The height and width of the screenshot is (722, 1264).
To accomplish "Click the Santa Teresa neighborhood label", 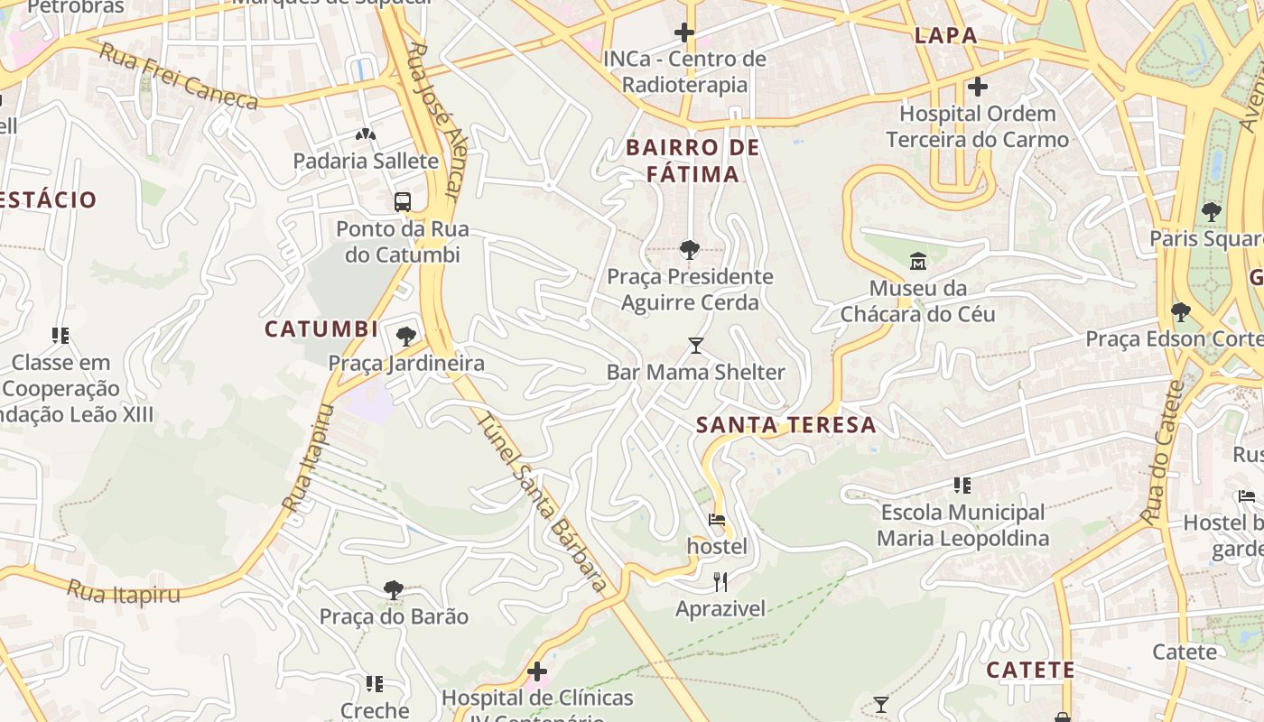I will click(x=786, y=425).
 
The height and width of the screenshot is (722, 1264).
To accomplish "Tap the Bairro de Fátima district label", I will click(x=692, y=161).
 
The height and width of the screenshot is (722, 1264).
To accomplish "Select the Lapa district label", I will click(x=945, y=36).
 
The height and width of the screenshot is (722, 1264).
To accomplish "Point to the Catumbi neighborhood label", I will click(x=321, y=329).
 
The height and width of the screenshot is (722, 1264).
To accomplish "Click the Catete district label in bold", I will click(x=1030, y=671).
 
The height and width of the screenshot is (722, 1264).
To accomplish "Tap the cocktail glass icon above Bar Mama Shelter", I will click(x=695, y=346).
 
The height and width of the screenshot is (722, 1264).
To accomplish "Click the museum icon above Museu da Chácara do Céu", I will click(x=918, y=262).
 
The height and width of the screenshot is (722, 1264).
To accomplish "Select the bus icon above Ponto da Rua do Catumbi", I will click(x=403, y=202).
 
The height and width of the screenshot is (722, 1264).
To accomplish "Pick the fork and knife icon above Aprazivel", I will click(x=720, y=582).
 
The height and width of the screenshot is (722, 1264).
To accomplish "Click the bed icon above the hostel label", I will click(x=717, y=520).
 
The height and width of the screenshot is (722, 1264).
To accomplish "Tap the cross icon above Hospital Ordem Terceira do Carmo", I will click(x=977, y=88).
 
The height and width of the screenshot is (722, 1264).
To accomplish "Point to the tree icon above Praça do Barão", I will click(x=393, y=590).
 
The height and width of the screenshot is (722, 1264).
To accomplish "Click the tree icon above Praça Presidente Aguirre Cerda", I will click(x=690, y=250).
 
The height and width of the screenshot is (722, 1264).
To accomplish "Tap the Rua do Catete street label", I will click(x=1162, y=453).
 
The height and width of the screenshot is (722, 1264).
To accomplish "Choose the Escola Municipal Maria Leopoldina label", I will click(x=962, y=525).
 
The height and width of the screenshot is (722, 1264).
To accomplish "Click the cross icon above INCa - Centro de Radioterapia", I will click(x=684, y=33).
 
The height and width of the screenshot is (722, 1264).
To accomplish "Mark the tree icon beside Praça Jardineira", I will click(x=406, y=337).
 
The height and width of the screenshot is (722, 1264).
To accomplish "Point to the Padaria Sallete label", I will click(x=366, y=162).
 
